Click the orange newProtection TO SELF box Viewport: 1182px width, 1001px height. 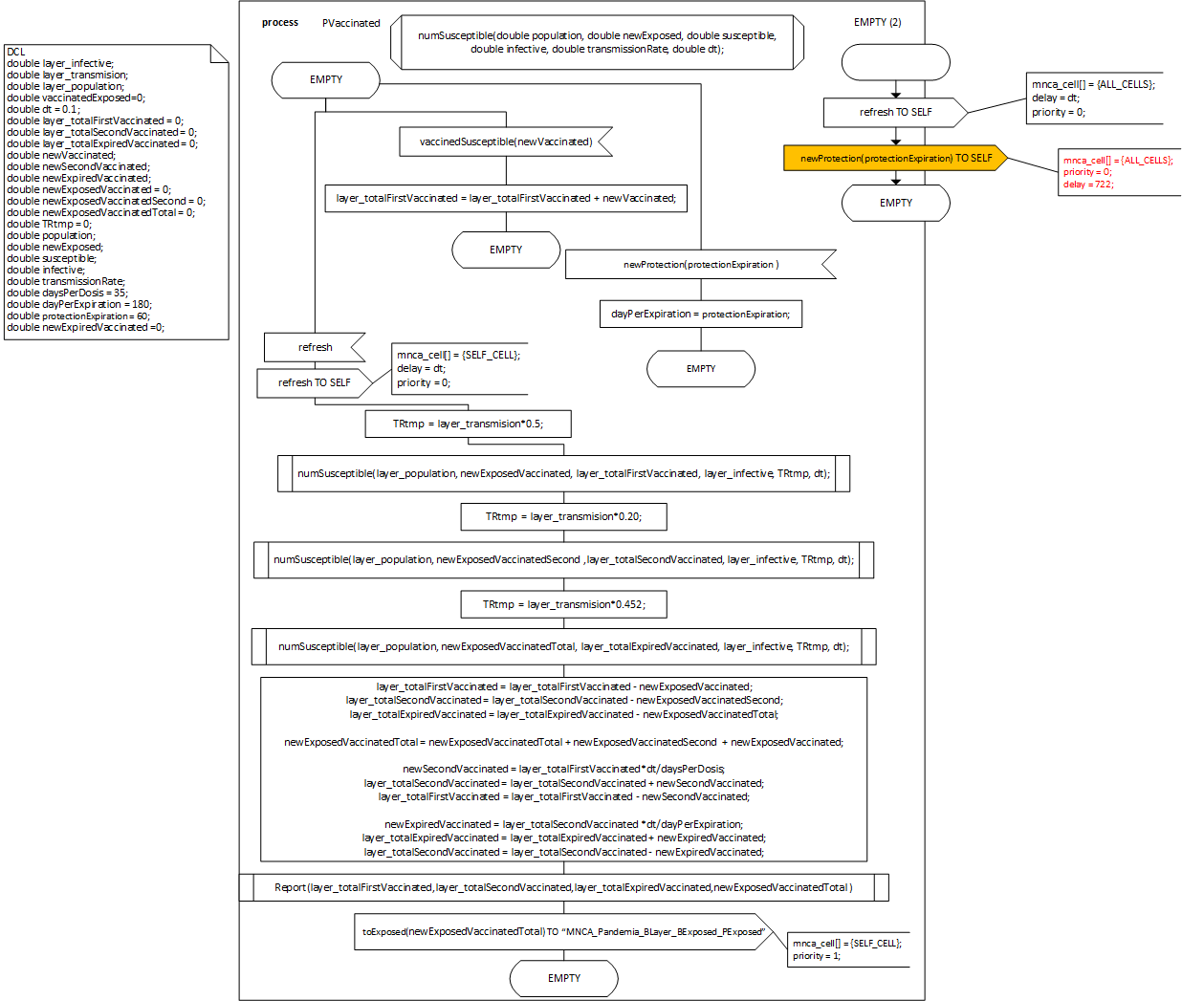(895, 159)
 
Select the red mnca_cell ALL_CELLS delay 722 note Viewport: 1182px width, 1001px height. (1118, 172)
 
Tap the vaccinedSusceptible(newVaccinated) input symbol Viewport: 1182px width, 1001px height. (505, 141)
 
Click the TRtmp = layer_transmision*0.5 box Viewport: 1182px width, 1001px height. (468, 424)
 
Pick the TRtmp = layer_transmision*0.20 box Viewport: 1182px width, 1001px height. (563, 516)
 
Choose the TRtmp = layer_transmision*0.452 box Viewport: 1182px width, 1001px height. (563, 604)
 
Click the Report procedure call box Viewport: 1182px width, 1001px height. (563, 887)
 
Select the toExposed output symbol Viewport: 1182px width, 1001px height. (563, 931)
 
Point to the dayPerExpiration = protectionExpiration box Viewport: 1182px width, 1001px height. (700, 314)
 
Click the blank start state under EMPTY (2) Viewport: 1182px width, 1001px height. (895, 62)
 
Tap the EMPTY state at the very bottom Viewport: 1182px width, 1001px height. (563, 978)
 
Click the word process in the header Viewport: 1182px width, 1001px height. (280, 22)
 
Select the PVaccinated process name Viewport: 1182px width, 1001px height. (351, 23)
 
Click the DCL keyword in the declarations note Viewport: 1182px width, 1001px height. (16, 52)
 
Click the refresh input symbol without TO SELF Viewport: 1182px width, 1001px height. (315, 347)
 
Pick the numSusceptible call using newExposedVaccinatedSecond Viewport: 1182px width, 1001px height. (563, 559)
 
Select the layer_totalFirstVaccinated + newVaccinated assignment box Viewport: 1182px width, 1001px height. (506, 198)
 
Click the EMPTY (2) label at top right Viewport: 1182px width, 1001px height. (877, 22)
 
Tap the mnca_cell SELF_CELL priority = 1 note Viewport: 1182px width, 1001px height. (846, 949)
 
